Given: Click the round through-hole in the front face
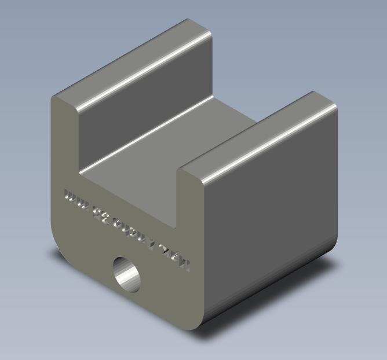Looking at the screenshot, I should pos(127,274).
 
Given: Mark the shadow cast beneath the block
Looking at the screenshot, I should pos(278,289).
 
